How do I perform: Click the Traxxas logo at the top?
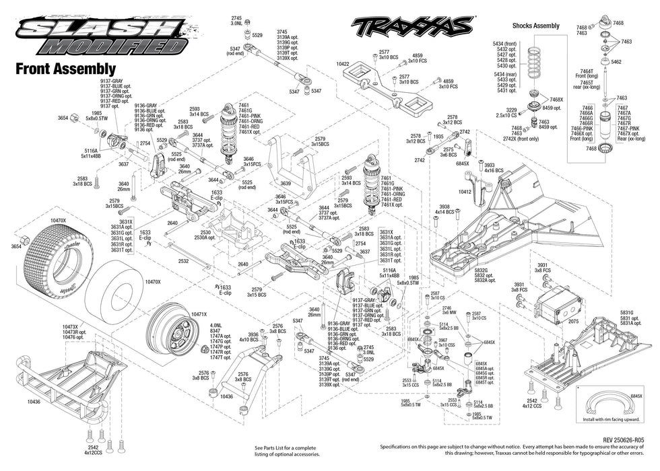coord(411,26)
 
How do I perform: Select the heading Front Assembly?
coord(65,69)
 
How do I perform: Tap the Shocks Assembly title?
coord(535,26)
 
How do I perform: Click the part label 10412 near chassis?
coord(465,192)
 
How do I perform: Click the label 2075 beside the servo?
coord(573,322)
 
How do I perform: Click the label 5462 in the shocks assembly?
coord(616,61)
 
